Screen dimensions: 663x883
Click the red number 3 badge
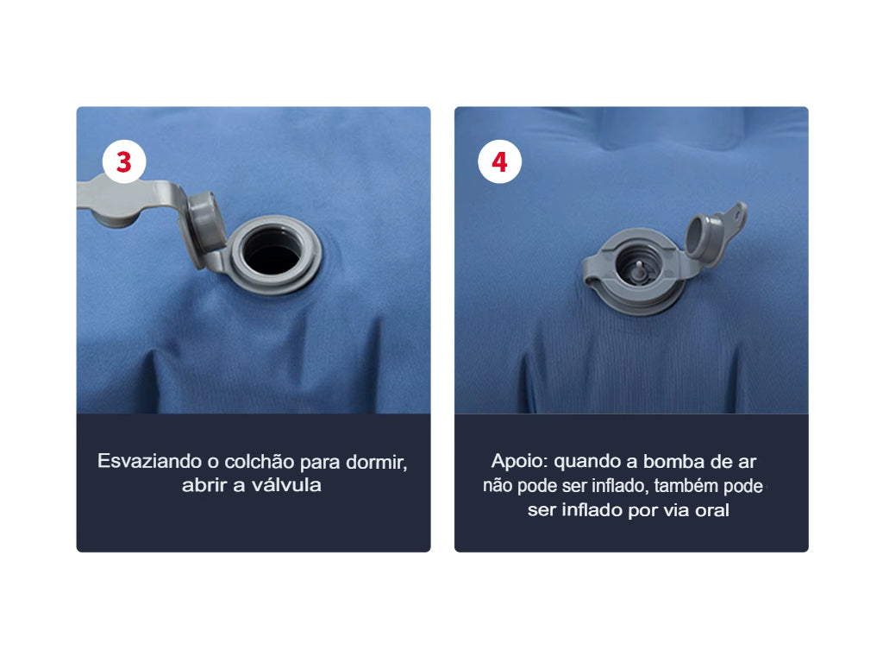coord(124,161)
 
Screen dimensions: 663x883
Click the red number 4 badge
coord(499,161)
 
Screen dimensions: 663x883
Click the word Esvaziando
coord(147,461)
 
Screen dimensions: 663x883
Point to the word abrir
coord(204,485)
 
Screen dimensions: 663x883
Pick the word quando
coord(583,461)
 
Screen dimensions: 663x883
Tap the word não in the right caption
coord(498,485)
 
